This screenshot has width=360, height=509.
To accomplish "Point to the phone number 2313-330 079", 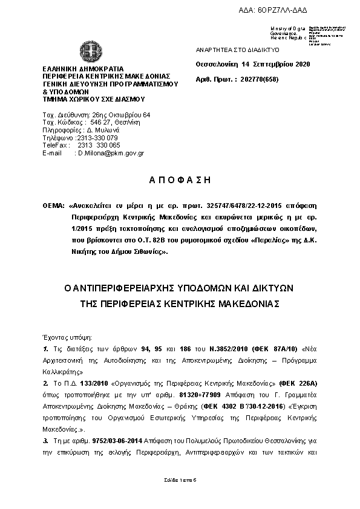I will coord(97,138).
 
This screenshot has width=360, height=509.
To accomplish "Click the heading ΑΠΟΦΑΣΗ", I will coord(180,181).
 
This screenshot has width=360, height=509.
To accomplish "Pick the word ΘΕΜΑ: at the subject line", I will coord(53,206).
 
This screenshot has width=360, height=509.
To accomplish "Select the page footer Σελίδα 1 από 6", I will coord(180,479).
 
